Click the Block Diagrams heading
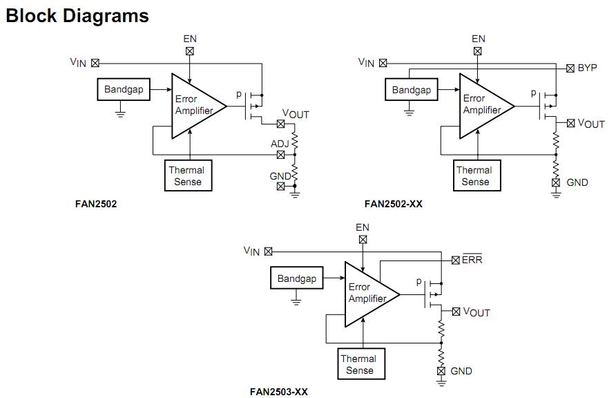77,15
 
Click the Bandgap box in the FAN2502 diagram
123,90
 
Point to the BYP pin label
587,68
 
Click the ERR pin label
472,260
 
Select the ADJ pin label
280,144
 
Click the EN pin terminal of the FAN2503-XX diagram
363,240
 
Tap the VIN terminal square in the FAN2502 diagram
95,63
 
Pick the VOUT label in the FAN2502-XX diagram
590,124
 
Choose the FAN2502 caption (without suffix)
96,204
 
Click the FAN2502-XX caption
393,204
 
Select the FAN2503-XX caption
279,392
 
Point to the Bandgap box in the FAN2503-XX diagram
296,278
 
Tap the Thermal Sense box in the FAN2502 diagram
186,176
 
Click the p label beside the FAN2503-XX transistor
418,282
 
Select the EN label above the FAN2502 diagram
190,39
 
